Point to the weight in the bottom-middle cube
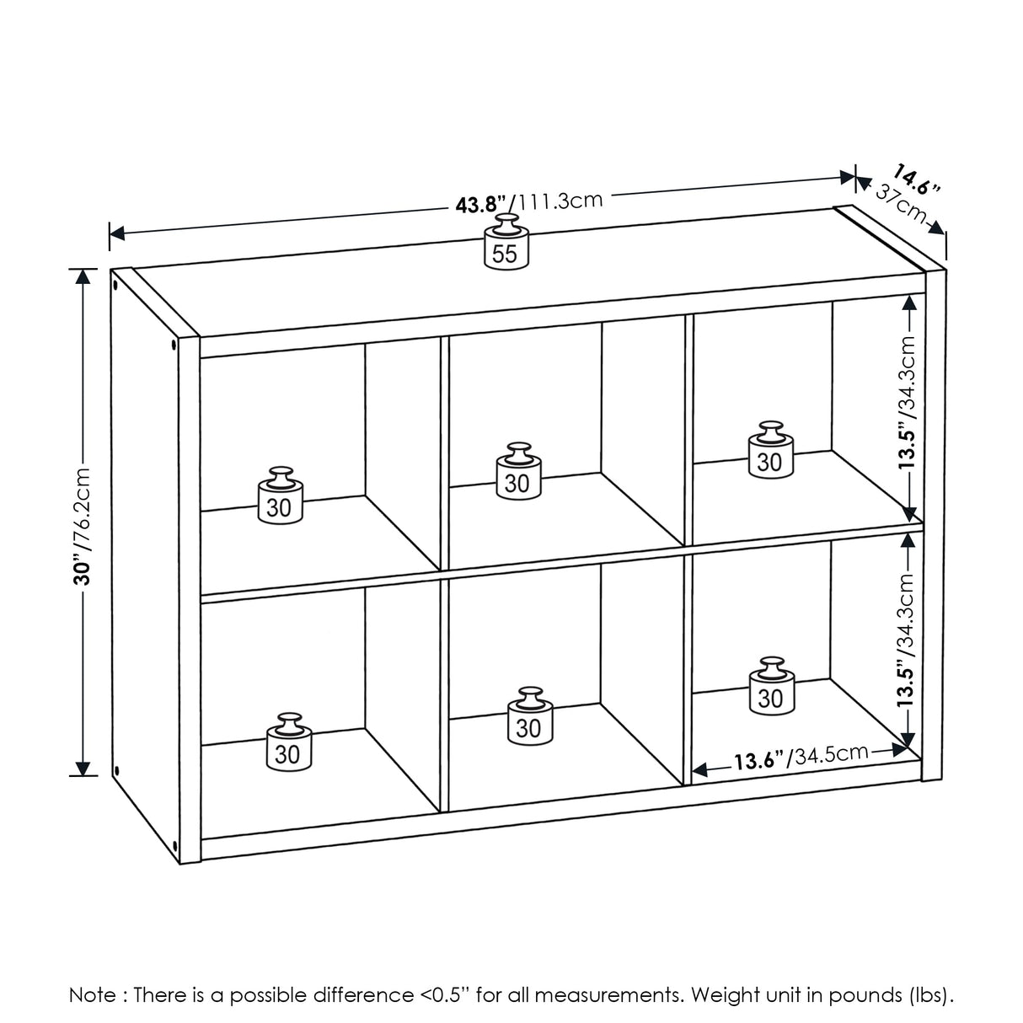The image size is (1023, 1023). tap(528, 716)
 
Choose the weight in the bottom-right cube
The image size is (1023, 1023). tap(770, 688)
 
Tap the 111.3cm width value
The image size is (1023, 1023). tap(560, 201)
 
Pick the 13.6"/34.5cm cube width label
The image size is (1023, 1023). tap(800, 757)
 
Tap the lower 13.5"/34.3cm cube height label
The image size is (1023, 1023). tap(907, 640)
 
